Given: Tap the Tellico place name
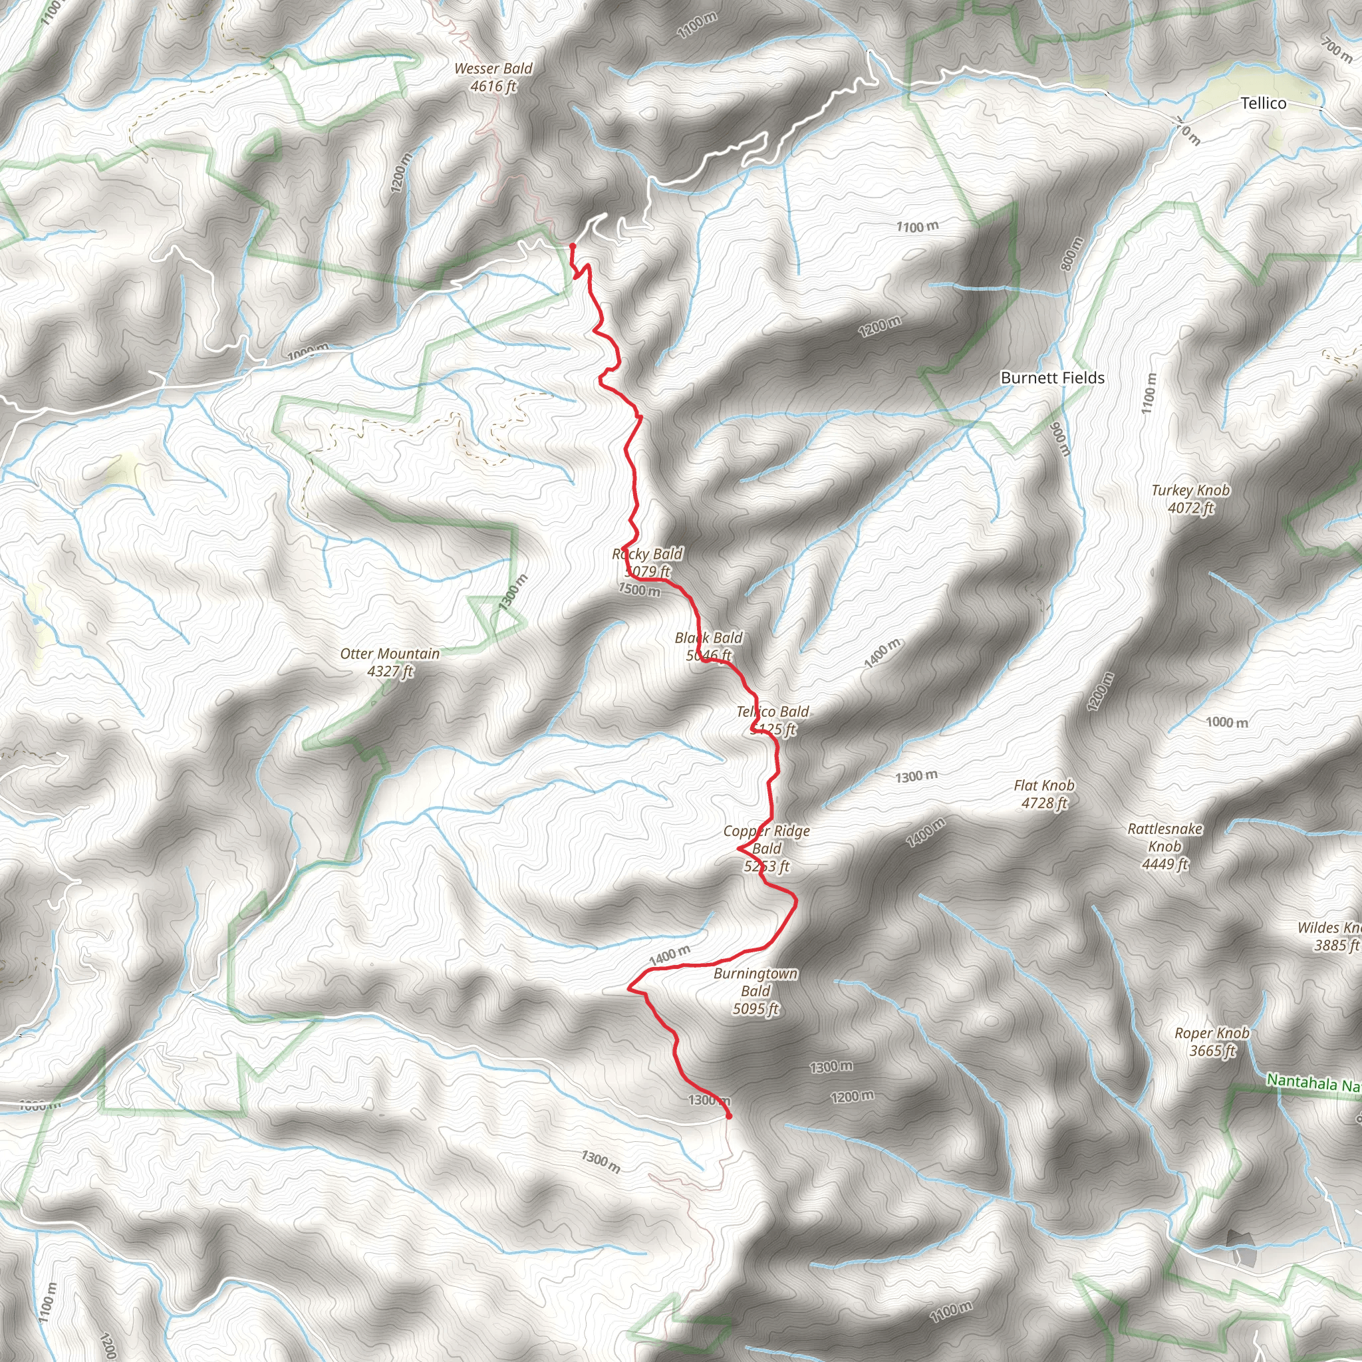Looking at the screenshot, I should tap(1264, 104).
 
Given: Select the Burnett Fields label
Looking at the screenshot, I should tap(1053, 378).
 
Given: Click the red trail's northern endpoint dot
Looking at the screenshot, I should tap(573, 246).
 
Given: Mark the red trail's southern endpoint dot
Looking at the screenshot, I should tap(728, 1116).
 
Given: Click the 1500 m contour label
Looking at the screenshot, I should tap(639, 589).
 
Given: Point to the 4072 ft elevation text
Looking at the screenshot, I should tap(1190, 507).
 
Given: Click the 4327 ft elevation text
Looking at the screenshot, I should tap(390, 671).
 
